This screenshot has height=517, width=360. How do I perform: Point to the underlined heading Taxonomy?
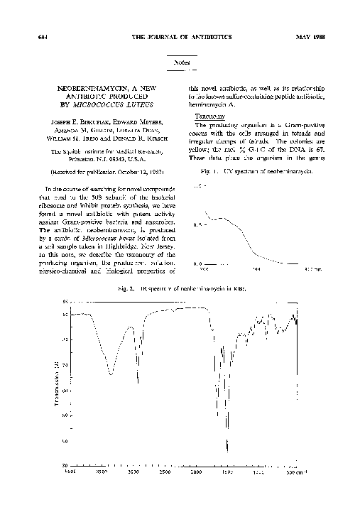[x=205, y=115]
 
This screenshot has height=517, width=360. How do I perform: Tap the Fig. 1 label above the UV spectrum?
[x=209, y=173]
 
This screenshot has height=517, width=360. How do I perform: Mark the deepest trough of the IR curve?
[x=227, y=450]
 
